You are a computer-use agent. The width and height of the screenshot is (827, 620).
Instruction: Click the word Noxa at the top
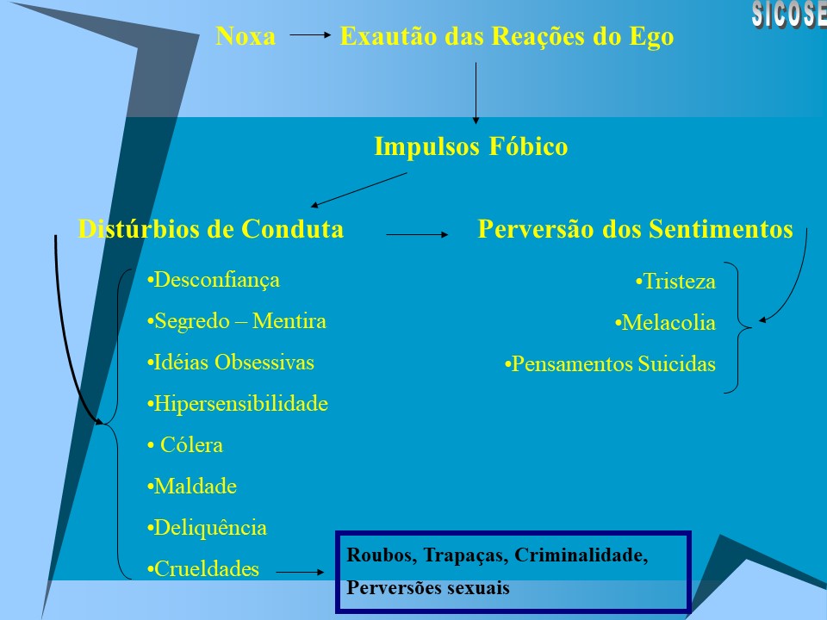(246, 37)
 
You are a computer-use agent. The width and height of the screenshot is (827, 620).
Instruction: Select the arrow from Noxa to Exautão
(309, 36)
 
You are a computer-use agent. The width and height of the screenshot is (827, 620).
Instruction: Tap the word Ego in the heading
(654, 37)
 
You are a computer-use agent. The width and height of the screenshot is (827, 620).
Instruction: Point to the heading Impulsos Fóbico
(470, 147)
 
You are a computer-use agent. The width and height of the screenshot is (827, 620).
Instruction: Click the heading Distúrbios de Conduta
(211, 229)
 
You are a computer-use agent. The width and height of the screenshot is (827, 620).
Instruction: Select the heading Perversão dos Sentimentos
(635, 229)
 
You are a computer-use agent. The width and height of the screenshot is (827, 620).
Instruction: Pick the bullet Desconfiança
(214, 280)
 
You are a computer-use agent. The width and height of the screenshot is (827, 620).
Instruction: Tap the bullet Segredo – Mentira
(237, 321)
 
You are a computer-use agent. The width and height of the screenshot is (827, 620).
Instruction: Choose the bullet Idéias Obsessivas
(231, 363)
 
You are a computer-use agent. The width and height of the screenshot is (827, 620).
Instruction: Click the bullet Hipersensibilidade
(238, 404)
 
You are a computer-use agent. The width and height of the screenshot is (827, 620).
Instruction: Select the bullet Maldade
(192, 487)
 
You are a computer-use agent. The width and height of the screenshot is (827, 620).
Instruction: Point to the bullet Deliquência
(207, 528)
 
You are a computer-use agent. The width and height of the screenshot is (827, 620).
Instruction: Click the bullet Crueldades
(203, 569)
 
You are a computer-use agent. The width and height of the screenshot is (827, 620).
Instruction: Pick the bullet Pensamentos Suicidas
(610, 364)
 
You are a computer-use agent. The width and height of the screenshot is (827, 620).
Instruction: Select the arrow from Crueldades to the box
(302, 571)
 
